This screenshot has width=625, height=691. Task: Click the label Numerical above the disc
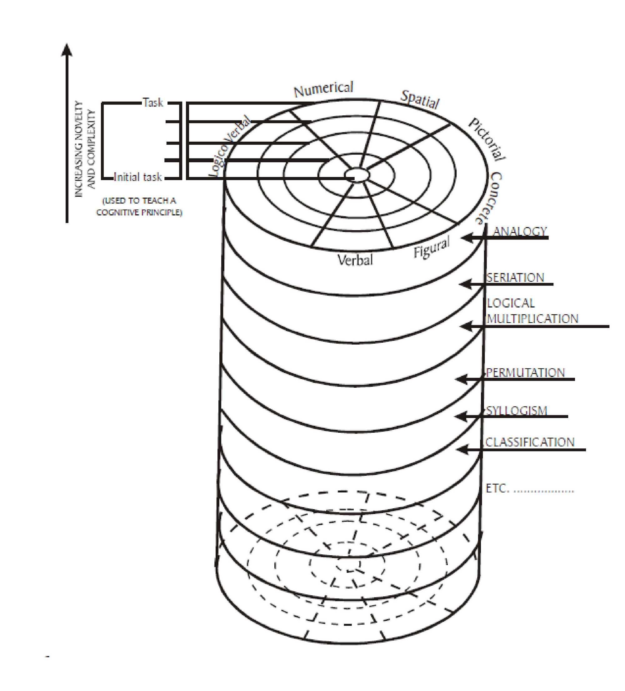coord(323,89)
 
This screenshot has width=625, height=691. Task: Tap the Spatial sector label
coord(420,99)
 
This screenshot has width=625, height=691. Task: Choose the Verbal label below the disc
coord(355,260)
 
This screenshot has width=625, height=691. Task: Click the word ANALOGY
coord(519,231)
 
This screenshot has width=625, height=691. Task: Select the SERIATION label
coord(515,277)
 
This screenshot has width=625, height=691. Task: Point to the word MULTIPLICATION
coord(532,319)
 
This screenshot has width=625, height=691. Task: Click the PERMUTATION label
coord(525,373)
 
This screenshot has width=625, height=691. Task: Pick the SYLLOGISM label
coord(516,410)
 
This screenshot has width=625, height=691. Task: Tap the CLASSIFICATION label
coord(530,442)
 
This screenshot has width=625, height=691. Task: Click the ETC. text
coord(497,488)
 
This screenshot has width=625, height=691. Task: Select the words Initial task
coord(138,177)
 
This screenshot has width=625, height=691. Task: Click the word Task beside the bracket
coord(153,103)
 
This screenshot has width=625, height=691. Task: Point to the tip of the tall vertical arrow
coord(67,45)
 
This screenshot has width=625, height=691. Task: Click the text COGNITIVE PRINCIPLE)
coord(139,213)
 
